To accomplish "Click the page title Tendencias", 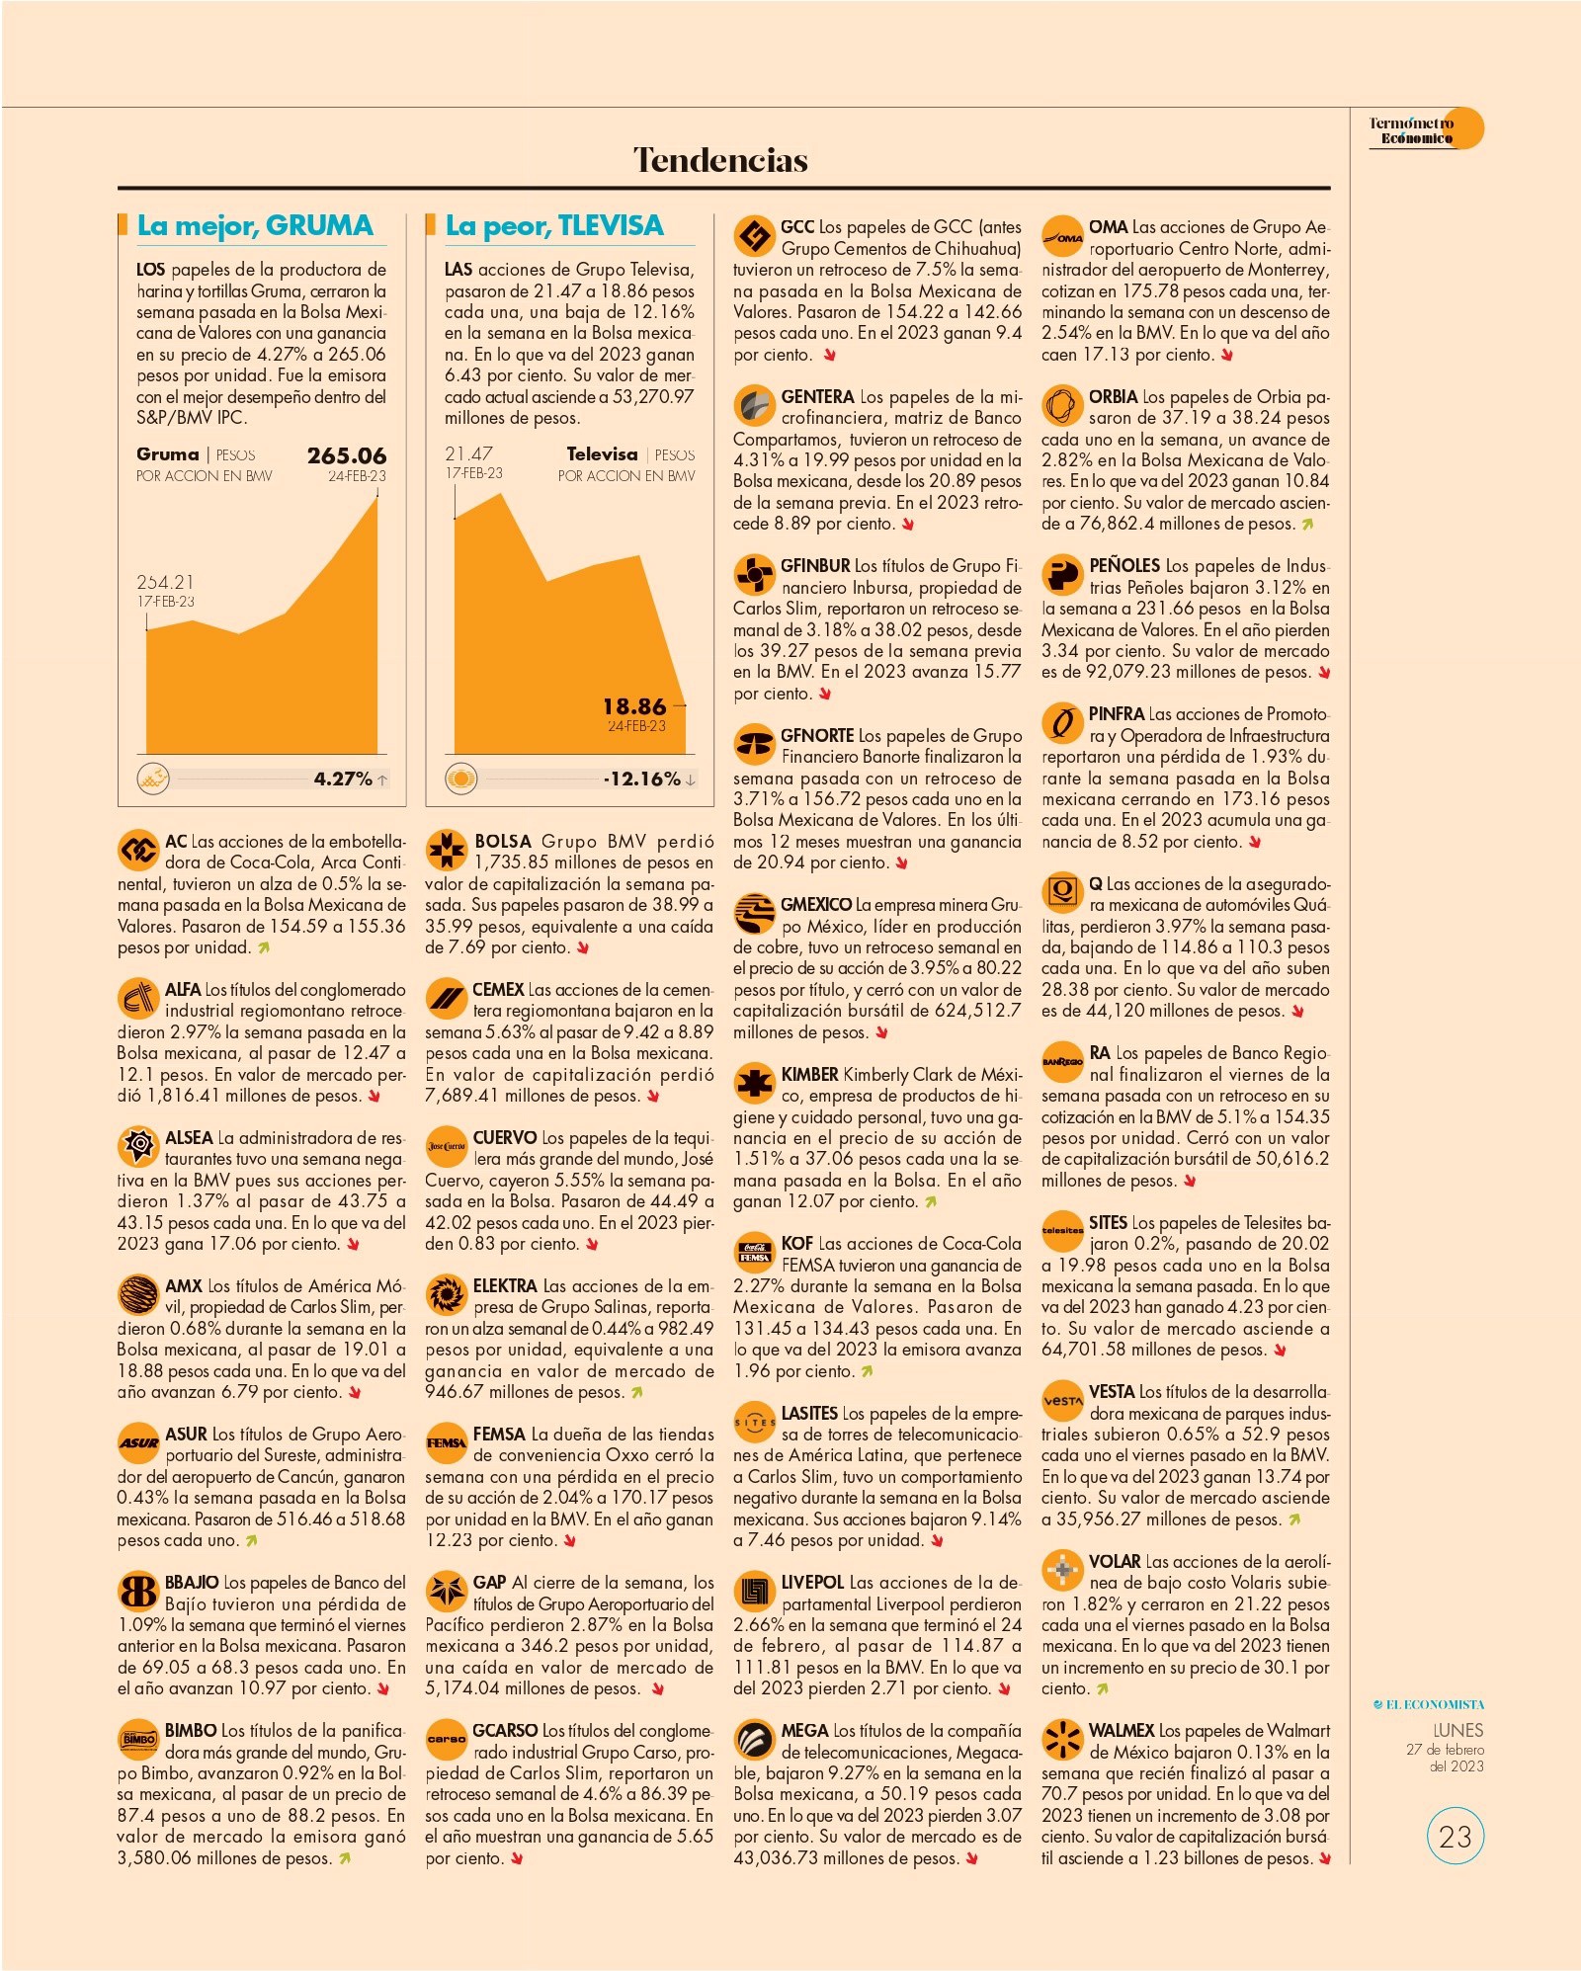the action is coord(720,160).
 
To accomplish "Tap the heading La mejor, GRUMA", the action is coord(255,225).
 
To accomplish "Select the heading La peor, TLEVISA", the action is coord(554,225).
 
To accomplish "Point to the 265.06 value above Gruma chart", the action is coord(346,455).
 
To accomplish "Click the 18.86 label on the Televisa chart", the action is coord(634,706).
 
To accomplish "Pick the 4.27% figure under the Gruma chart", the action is coord(343,779).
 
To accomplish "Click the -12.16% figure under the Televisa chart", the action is coord(642,779).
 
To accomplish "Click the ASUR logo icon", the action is coord(138,1442).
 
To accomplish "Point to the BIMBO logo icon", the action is coord(138,1739).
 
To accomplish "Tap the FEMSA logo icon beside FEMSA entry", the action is coord(446,1442).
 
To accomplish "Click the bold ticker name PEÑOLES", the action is coord(1124,566).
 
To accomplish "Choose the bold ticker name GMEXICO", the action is coord(816,904).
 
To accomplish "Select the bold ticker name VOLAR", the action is coord(1115,1562).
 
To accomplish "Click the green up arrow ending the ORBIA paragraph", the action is coord(1307,525).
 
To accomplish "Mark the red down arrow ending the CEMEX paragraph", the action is coord(653,1096).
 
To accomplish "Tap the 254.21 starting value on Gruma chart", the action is coord(165,582).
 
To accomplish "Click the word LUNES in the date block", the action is coord(1457,1730).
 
